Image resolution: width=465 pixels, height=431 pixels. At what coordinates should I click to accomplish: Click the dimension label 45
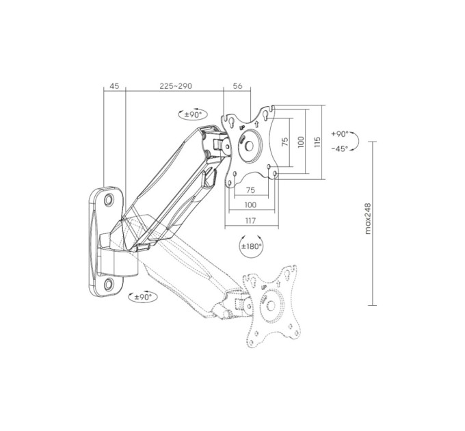[x=114, y=86]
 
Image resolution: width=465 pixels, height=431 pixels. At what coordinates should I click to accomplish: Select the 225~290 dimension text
[x=176, y=86]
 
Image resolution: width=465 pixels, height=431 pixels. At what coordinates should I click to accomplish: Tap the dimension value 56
[x=237, y=86]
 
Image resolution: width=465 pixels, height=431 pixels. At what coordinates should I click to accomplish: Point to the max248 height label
[x=368, y=219]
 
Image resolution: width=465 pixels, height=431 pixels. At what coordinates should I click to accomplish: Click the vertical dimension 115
[x=317, y=142]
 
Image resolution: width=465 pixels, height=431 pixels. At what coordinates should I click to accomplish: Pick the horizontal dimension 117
[x=250, y=221]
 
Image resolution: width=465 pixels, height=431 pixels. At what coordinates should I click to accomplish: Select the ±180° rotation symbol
[x=251, y=246]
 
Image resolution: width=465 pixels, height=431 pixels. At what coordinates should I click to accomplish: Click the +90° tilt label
[x=340, y=134]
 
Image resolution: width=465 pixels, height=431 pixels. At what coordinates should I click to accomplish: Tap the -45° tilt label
[x=340, y=148]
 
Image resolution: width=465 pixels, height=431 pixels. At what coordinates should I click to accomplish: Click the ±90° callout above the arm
[x=193, y=114]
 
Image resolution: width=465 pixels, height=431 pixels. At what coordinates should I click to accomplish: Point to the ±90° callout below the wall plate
[x=143, y=297]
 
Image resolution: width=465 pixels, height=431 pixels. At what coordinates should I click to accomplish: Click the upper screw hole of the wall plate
[x=109, y=199]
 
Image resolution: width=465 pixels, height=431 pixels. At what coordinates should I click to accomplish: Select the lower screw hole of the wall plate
[x=109, y=284]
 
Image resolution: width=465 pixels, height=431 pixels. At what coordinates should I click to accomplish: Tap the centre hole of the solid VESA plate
[x=249, y=146]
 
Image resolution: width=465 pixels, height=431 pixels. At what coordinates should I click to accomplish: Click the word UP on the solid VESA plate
[x=242, y=128]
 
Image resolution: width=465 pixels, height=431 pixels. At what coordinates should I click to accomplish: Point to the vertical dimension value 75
[x=285, y=142]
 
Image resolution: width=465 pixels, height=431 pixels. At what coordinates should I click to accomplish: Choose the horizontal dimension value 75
[x=250, y=190]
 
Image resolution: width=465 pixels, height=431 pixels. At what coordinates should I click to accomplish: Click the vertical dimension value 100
[x=301, y=142]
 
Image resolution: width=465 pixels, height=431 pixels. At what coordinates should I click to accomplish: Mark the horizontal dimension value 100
[x=250, y=205]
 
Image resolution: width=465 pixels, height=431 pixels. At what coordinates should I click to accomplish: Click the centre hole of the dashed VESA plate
[x=271, y=305]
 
